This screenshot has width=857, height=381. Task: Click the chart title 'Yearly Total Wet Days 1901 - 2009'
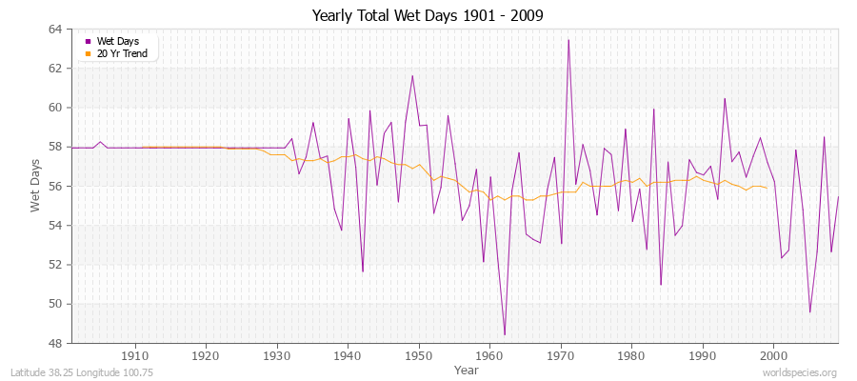428,16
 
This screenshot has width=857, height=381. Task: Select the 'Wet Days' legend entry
116,42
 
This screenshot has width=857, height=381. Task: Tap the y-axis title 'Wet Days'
37,187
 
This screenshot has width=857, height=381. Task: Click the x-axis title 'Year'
467,369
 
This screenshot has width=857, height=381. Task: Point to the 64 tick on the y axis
55,30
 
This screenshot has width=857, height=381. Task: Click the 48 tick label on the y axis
55,343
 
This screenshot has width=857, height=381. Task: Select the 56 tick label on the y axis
55,187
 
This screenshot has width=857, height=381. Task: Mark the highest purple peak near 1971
568,40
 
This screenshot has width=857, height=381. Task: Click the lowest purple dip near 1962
505,334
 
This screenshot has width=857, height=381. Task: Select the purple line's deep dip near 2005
809,311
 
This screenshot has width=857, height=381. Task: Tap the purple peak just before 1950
412,75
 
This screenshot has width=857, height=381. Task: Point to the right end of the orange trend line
767,188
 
